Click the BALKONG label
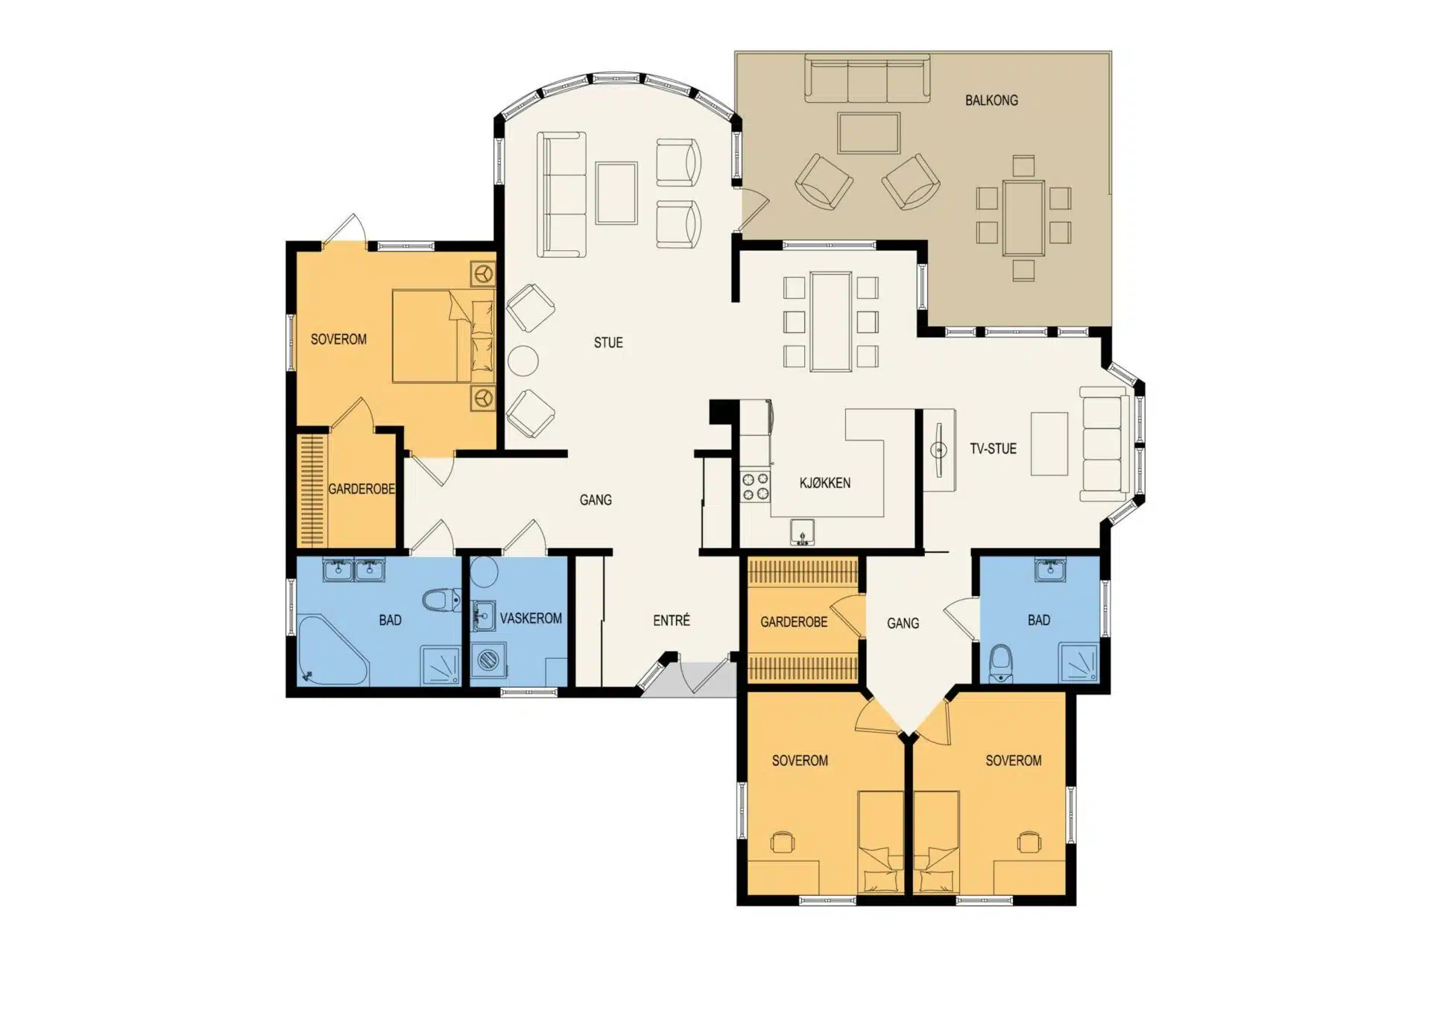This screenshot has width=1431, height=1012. coord(991,100)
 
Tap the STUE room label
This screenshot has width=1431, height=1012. coord(608,343)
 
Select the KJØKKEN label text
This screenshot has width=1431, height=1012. coord(825,483)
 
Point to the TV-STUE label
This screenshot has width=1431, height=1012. coord(993,449)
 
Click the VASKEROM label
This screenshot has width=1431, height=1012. coord(531,619)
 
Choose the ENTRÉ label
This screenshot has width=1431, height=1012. coord(672,620)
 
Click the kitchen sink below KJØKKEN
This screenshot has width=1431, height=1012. coord(802,533)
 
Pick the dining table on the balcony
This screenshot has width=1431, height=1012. coord(1023,218)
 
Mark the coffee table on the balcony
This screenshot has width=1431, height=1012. coord(869,133)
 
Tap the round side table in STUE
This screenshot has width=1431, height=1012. coord(523,361)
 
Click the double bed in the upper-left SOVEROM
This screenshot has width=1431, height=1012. coord(443,336)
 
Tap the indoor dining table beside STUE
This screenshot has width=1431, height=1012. coord(831,322)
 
